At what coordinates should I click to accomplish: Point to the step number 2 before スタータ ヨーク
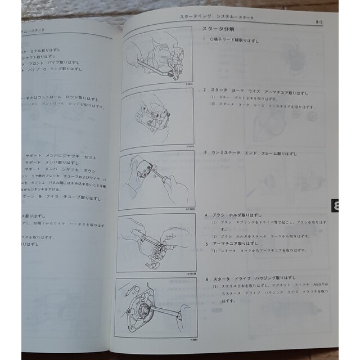204,91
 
